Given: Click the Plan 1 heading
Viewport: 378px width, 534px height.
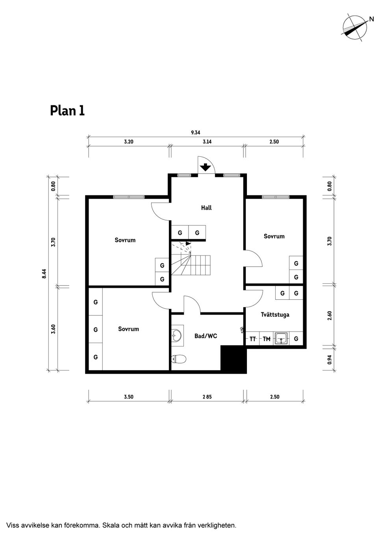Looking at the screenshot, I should [67, 111].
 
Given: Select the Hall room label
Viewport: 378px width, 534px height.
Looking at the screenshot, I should [206, 208].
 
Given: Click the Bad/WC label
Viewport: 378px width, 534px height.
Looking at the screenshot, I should [206, 336].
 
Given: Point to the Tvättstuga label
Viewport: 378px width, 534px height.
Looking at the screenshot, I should [275, 315].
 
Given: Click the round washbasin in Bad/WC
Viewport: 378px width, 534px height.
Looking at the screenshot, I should [177, 336].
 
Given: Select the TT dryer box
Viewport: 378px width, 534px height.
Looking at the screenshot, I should [253, 339].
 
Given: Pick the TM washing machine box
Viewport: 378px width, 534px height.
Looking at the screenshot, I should [267, 339].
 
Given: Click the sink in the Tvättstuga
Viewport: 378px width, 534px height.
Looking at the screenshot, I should [282, 338].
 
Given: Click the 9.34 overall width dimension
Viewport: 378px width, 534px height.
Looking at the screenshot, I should [196, 133].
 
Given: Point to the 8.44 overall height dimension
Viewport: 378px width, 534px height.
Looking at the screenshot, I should [44, 273].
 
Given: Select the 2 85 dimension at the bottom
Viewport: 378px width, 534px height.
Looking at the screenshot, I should [207, 397].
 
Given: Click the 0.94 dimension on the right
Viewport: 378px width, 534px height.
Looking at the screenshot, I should [330, 359].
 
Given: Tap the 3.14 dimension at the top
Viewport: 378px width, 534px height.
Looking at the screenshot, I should [207, 142].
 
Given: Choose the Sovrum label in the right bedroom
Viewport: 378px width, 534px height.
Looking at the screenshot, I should [274, 236].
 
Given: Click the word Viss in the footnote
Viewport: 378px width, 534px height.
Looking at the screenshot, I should [13, 525].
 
